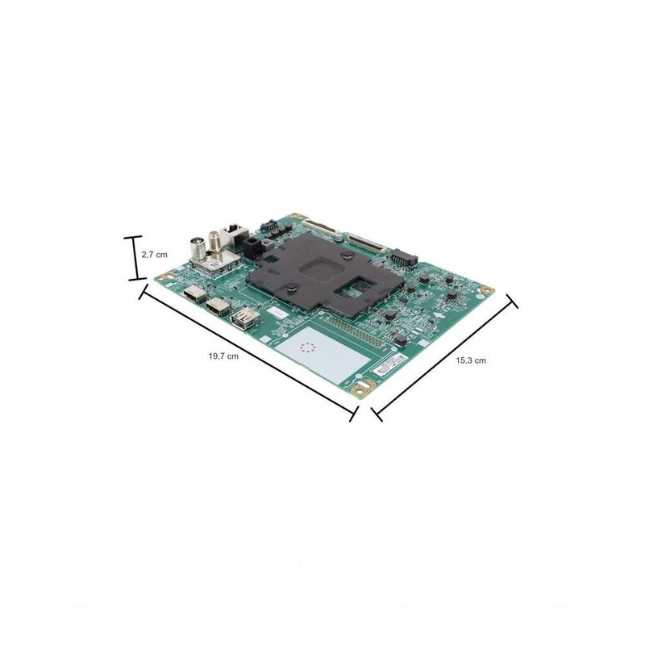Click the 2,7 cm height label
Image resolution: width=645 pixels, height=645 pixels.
(154, 254)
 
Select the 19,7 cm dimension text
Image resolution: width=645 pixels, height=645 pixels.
(223, 356)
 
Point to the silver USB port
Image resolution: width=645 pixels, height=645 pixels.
(242, 320)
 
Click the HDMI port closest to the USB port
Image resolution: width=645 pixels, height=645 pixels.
(216, 306)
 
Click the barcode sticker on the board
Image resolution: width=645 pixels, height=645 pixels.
(390, 364)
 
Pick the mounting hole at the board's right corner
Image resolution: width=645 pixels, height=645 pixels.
(486, 289)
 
